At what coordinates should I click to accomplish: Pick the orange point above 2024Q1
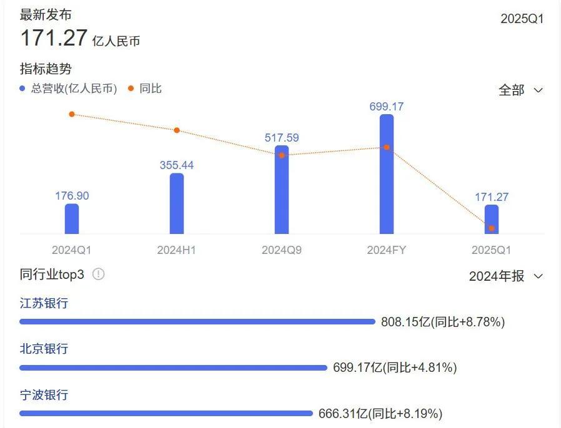coord(72,114)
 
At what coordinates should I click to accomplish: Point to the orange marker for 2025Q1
coord(492,228)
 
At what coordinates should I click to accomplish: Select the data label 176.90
coord(72,196)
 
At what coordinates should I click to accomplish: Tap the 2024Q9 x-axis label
coord(282,250)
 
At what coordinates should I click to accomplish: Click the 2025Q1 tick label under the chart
coord(492,250)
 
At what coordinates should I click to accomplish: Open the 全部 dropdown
coord(520,90)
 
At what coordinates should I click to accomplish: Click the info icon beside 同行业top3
coord(98,274)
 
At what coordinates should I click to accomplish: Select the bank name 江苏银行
coord(44,303)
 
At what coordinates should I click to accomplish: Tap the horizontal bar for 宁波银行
coord(166,413)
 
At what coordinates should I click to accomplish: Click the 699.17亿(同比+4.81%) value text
coord(395,367)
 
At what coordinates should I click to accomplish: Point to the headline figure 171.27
coord(54,38)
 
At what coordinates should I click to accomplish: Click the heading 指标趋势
coord(46,69)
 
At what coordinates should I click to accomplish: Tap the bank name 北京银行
coord(44,349)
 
